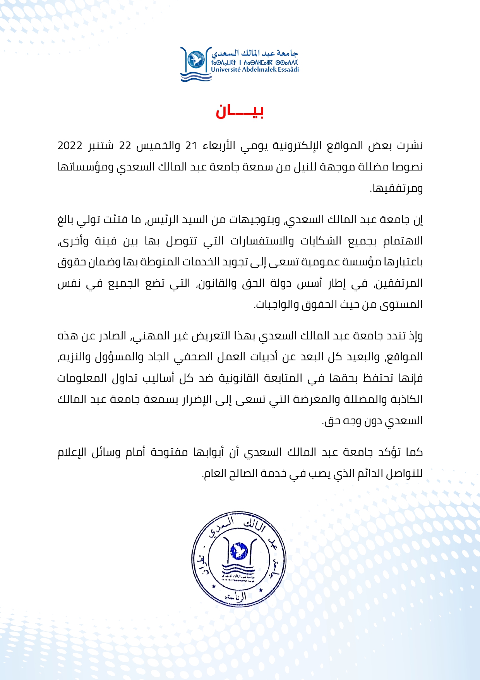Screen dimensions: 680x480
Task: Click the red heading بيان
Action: click(x=240, y=112)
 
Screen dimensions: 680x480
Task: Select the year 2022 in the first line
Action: click(x=70, y=146)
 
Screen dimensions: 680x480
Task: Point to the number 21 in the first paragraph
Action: click(x=191, y=146)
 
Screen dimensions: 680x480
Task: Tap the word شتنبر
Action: click(x=101, y=146)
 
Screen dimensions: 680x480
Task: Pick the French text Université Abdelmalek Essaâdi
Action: click(x=255, y=70)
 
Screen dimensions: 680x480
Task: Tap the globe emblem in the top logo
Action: click(x=196, y=59)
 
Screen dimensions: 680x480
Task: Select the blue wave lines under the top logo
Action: click(x=196, y=77)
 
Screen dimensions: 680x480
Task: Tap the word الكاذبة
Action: click(x=405, y=399)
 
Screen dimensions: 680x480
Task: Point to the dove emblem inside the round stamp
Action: click(x=238, y=551)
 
